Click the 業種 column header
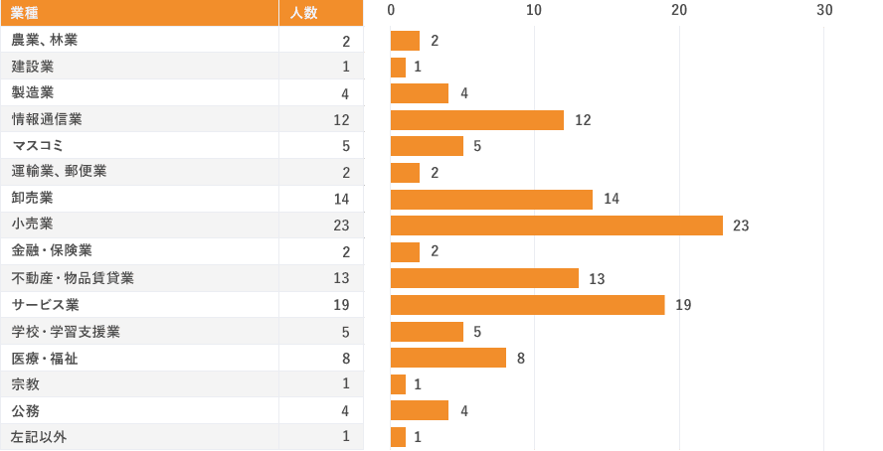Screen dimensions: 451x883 coord(26,13)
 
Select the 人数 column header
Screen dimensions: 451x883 coord(304,13)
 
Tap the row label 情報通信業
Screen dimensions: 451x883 coord(47,119)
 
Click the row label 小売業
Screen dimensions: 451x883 coord(33,225)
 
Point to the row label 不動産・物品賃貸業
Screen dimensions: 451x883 coord(73,278)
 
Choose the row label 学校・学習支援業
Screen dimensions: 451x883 coord(66,331)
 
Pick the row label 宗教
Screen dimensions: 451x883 coord(26,383)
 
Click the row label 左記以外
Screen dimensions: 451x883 coord(40,436)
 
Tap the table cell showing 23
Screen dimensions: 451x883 coord(341,225)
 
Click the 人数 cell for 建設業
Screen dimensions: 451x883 coord(345,67)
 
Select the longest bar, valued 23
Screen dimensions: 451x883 coord(556,225)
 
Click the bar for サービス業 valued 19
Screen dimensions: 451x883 coord(527,304)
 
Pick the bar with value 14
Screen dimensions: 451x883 coord(491,199)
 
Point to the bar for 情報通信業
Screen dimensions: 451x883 coord(476,119)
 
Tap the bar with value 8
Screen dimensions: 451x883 coord(447,358)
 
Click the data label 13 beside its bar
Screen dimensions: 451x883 coord(597,278)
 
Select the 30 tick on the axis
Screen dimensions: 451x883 coord(824,10)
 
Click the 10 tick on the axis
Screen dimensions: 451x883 coord(534,10)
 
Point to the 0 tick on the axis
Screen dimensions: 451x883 coord(391,10)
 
